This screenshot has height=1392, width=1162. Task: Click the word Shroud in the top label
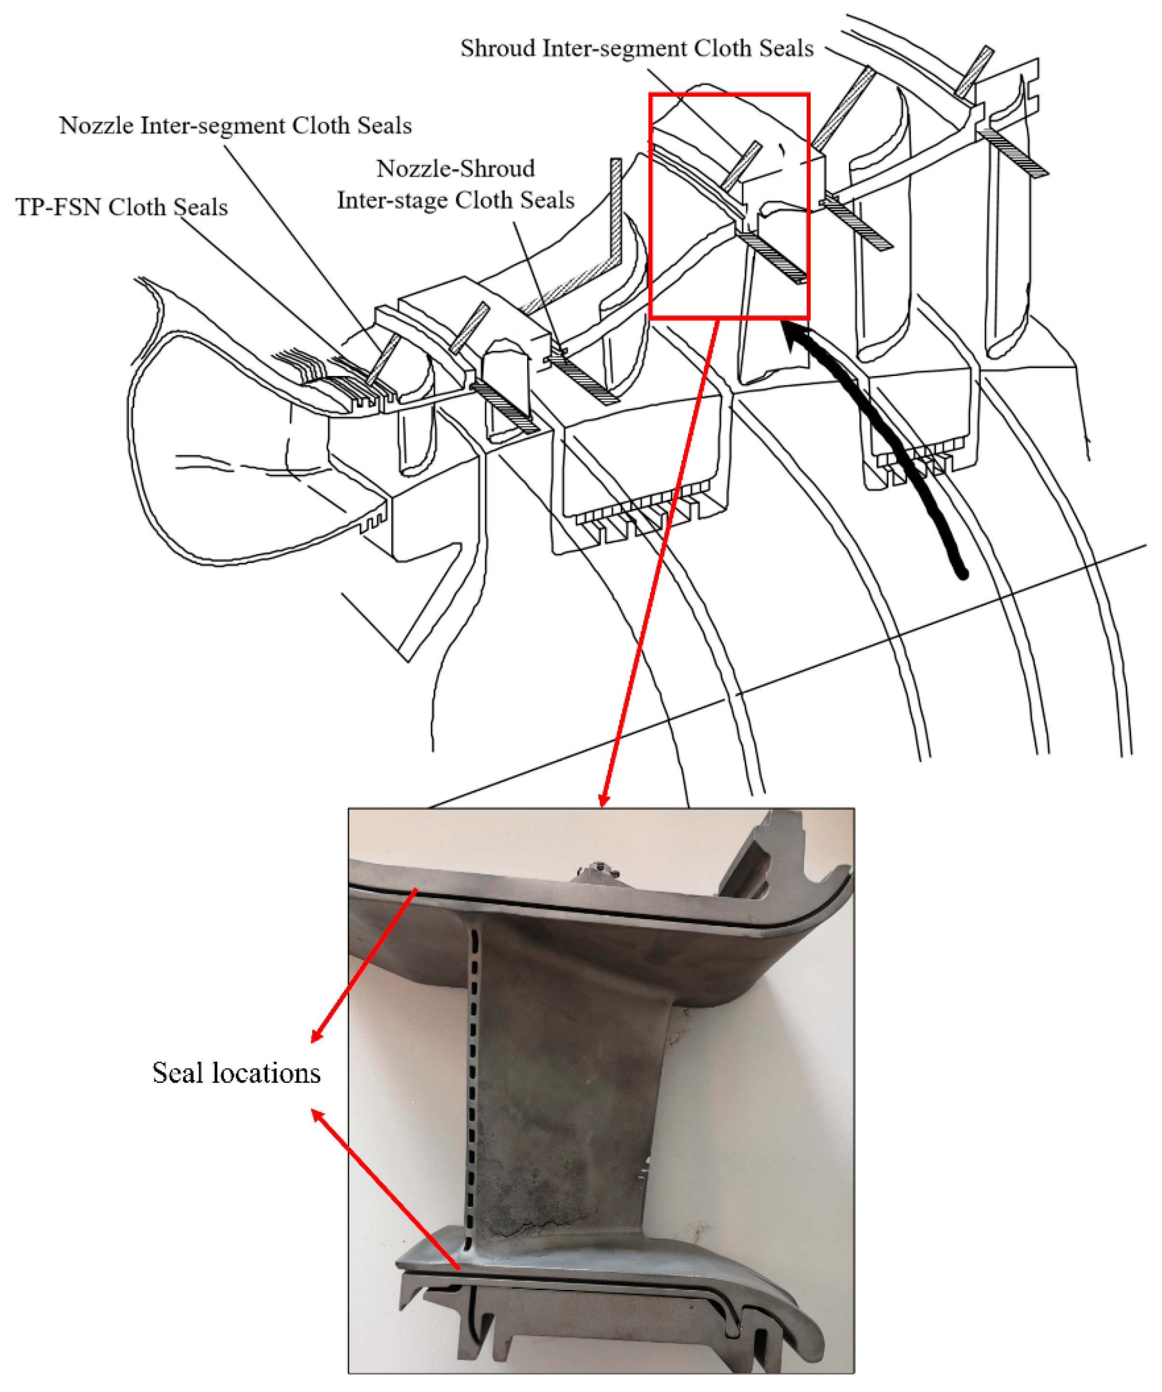[498, 48]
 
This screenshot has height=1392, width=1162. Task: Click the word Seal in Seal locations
[177, 1073]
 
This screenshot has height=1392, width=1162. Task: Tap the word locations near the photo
[264, 1073]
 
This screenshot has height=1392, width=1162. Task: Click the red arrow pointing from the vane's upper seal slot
[364, 965]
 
